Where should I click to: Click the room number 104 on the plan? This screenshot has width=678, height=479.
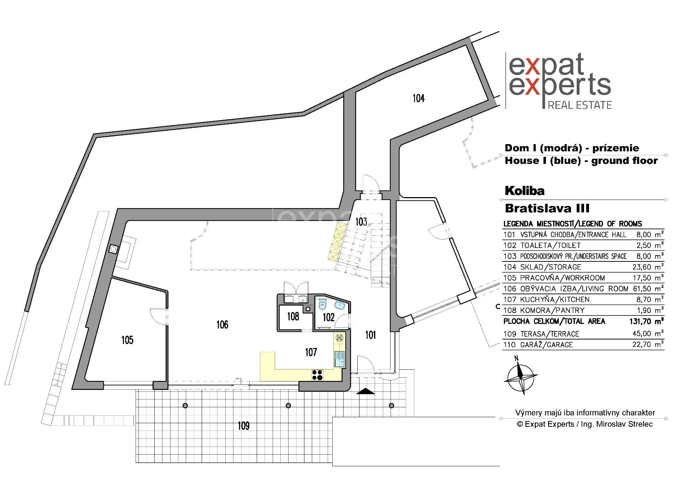point(418,98)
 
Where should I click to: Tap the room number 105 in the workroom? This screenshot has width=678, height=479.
point(127,340)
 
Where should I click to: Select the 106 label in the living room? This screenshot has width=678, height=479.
point(222,324)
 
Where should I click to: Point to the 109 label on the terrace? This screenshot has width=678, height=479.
point(243,426)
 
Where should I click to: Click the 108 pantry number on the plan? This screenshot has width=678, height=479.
point(293,316)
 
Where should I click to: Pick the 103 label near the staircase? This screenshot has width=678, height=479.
point(361,221)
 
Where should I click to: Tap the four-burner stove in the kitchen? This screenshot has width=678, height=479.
point(317,375)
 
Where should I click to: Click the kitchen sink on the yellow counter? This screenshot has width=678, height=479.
point(339,359)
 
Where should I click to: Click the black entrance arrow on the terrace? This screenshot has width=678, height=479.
point(365,391)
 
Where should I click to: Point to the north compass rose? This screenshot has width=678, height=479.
point(520,376)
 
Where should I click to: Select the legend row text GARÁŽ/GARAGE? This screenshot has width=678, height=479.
point(546,345)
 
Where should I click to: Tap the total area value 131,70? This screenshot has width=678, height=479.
point(641,321)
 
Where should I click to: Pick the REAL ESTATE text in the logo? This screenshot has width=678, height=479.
point(580,105)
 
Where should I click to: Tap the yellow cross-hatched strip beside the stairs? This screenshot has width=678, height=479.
point(336,242)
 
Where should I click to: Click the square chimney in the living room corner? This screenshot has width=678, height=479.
point(114,249)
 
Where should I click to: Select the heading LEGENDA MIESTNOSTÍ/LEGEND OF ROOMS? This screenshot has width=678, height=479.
point(573,224)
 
